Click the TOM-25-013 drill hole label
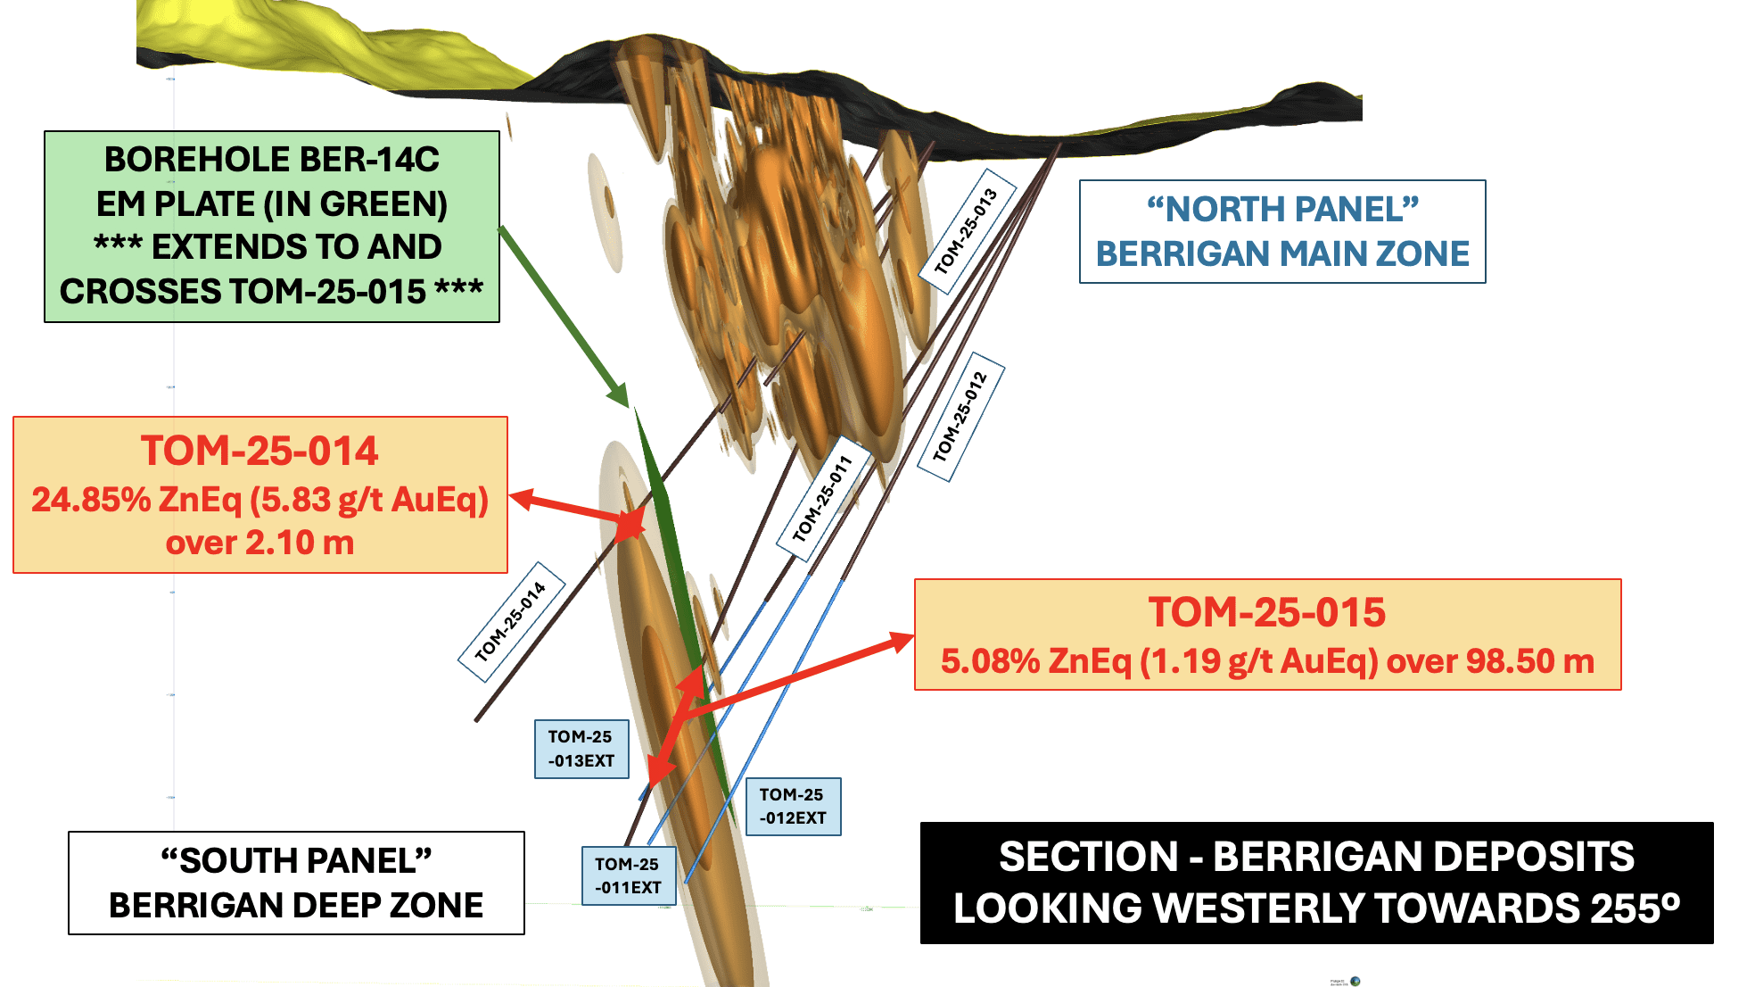pos(966,231)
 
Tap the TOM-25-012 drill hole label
pos(960,417)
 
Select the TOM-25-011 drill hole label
pos(823,498)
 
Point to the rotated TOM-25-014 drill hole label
pos(511,621)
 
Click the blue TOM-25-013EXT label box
pos(581,749)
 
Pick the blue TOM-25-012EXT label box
pos(793,806)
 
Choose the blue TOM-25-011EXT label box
pos(629,875)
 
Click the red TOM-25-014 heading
pos(260,451)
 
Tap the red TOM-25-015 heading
pos(1266,612)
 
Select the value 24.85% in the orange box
pos(91,500)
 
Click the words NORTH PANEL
pos(1282,210)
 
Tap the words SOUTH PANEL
pos(296,861)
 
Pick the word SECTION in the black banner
pos(1088,857)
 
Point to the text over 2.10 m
pos(260,543)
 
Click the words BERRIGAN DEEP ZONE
pos(296,906)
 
